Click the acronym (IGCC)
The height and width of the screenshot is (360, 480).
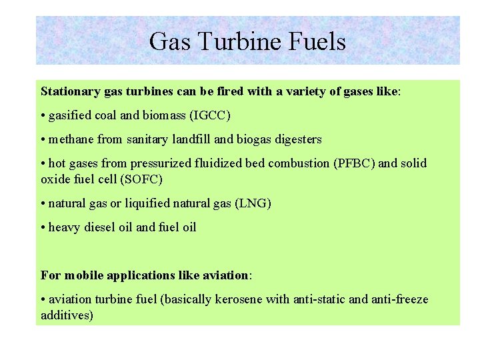(x=210, y=115)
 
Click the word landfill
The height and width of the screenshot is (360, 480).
(x=191, y=139)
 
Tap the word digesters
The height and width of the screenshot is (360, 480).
(x=295, y=139)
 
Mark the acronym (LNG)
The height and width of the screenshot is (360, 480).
(x=253, y=203)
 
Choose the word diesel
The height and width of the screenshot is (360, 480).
(x=100, y=227)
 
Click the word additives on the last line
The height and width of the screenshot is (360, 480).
(x=67, y=315)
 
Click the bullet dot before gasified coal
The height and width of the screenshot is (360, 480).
(x=43, y=116)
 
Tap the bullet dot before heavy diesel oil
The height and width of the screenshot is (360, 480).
(x=43, y=228)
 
